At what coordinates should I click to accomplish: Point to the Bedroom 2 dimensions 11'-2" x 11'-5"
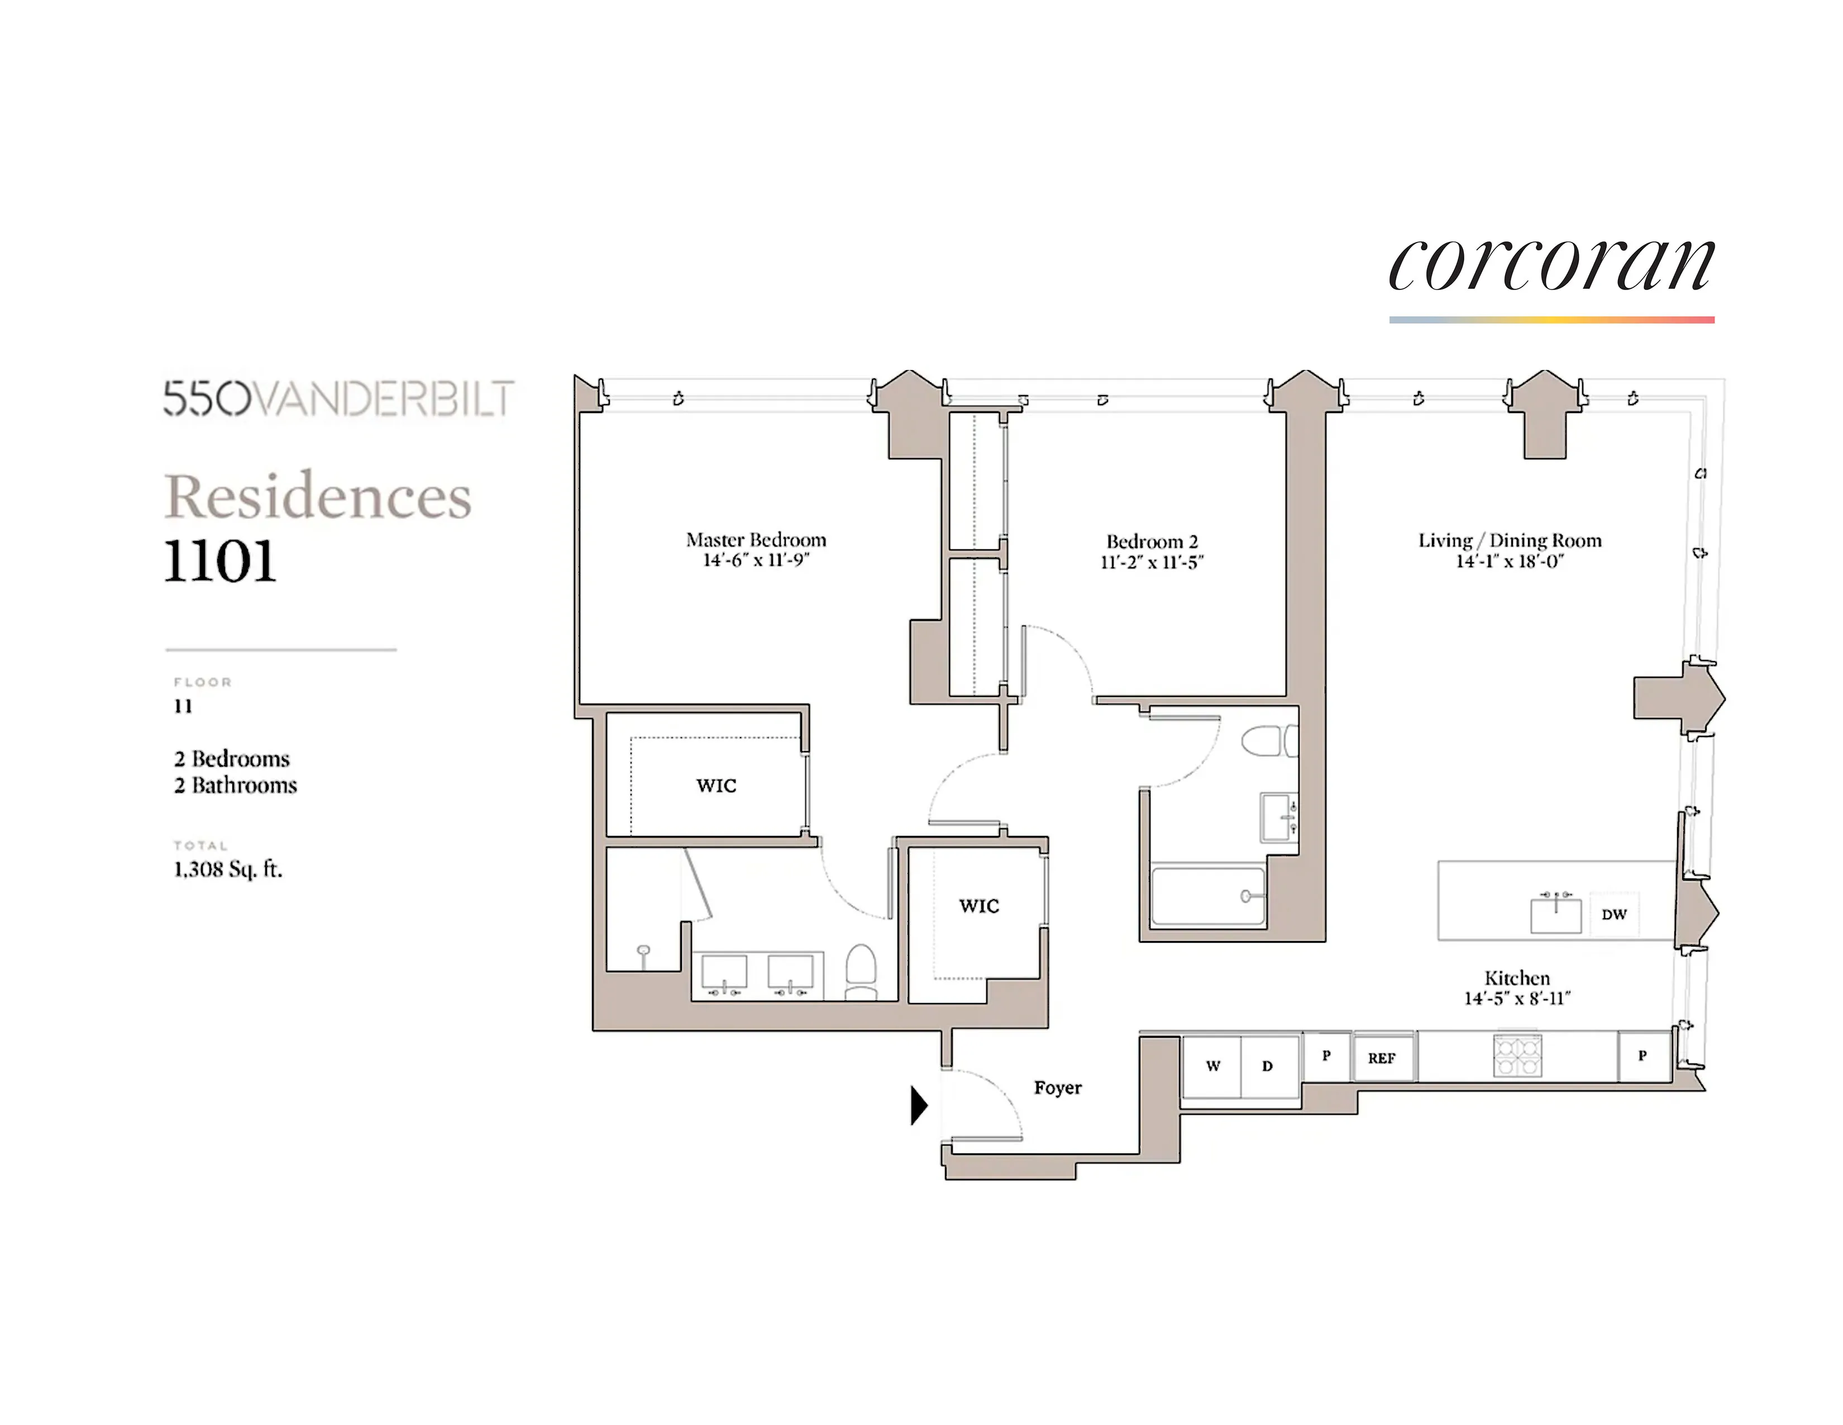point(1152,562)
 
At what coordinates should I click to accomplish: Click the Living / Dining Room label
point(1510,540)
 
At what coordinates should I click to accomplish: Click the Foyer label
point(1057,1087)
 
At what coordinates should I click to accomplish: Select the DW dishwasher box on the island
point(1613,914)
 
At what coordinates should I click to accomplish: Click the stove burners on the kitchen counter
point(1517,1055)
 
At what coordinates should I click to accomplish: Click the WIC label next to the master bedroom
point(717,785)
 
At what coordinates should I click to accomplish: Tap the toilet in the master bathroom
point(861,971)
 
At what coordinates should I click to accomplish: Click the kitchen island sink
point(1555,914)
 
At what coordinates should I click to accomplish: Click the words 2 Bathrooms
point(236,785)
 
